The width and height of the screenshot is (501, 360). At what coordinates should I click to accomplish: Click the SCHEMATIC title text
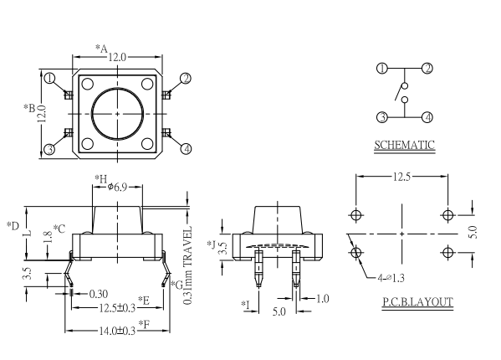(x=404, y=145)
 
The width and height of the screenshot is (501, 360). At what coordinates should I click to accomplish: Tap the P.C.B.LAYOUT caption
(x=417, y=301)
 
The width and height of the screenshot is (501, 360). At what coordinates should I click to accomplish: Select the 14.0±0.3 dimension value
(x=117, y=331)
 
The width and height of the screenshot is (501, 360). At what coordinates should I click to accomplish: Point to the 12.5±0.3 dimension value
(x=117, y=308)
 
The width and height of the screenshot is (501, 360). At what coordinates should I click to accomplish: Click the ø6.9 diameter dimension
(x=117, y=187)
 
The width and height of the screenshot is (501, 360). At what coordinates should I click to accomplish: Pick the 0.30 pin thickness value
(x=99, y=294)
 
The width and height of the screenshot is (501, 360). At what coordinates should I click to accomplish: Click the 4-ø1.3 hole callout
(x=391, y=278)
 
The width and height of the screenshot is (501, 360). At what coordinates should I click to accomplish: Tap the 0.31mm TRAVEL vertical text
(x=188, y=265)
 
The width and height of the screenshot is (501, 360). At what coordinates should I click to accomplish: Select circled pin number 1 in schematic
(x=382, y=69)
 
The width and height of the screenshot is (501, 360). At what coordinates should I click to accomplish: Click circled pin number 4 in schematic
(x=427, y=117)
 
